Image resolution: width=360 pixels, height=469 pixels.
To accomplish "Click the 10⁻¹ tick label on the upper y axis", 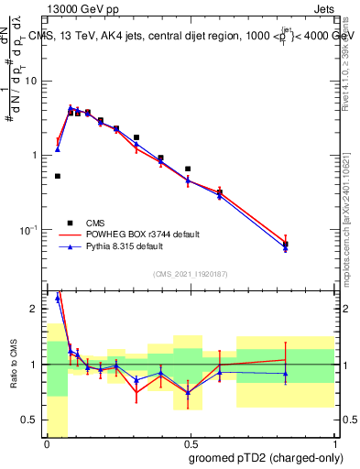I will coord(30,228).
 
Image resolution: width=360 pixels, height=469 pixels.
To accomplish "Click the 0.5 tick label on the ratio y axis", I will coord(32,420).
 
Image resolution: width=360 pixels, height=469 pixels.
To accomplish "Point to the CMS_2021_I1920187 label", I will coord(191,273).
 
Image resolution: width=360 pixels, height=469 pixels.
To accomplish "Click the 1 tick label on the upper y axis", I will coord(37,155).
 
